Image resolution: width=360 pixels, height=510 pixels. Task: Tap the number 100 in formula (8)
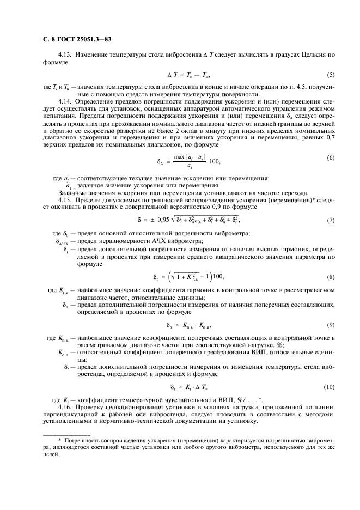[x=218, y=276]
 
